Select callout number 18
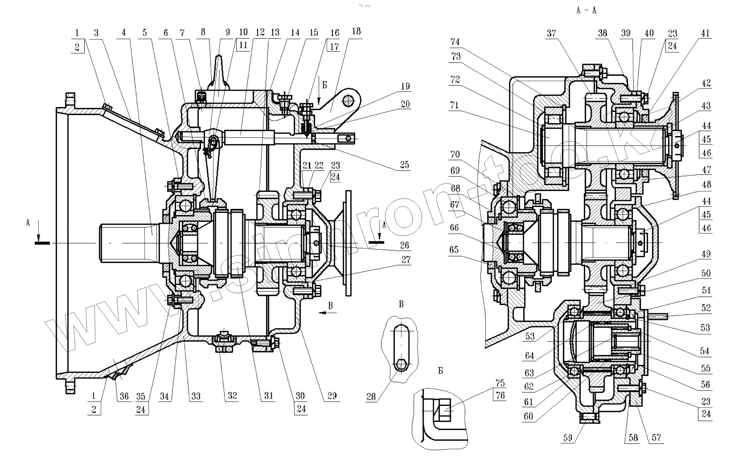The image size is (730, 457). click(x=356, y=31)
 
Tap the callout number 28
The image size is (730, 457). click(x=371, y=396)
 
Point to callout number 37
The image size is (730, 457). click(x=551, y=33)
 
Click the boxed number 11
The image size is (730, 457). click(x=243, y=45)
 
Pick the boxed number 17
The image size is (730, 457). click(x=334, y=47)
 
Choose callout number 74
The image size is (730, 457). click(x=455, y=42)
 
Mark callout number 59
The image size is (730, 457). click(x=567, y=438)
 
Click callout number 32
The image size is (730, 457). click(x=232, y=396)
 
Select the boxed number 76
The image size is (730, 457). click(x=500, y=395)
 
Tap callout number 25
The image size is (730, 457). click(x=404, y=165)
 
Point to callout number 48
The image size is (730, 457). click(x=706, y=185)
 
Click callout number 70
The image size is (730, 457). click(x=455, y=154)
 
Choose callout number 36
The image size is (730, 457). click(x=124, y=396)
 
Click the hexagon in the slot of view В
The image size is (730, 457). click(x=401, y=365)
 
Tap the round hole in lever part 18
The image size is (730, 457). click(x=348, y=101)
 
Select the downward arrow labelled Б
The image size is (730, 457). click(x=319, y=91)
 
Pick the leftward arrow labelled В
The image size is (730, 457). click(x=328, y=312)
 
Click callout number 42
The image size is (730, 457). click(x=706, y=84)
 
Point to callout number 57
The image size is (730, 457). click(x=656, y=438)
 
